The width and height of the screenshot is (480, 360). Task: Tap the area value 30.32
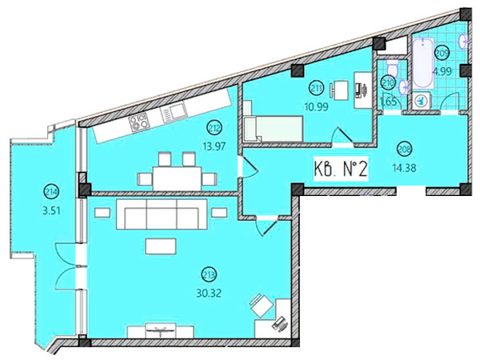click(209, 294)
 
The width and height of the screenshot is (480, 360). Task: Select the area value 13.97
click(214, 146)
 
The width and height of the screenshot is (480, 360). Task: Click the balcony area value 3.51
click(50, 211)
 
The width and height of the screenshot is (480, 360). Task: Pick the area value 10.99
click(316, 106)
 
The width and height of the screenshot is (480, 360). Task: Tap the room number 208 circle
click(404, 149)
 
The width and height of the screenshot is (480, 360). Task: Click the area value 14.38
click(404, 168)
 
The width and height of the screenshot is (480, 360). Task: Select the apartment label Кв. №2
click(341, 169)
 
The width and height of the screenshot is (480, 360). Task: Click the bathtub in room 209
click(422, 63)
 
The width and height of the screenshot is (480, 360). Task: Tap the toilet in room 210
click(392, 68)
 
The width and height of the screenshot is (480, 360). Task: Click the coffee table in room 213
click(161, 246)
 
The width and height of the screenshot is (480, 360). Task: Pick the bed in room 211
click(274, 129)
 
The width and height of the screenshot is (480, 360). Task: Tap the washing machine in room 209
click(422, 101)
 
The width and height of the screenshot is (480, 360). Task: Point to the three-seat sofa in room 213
click(162, 214)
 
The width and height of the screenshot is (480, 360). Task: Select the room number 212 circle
click(214, 127)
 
